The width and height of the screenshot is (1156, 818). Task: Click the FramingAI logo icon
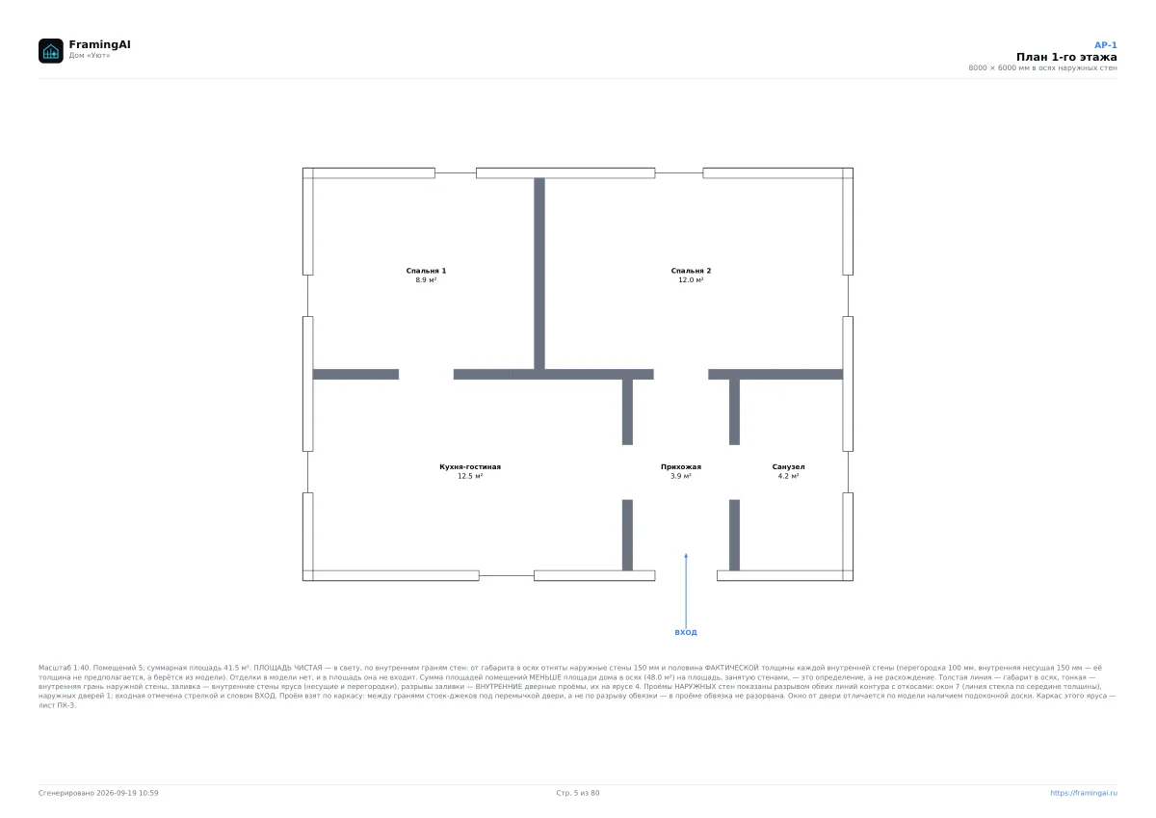(50, 50)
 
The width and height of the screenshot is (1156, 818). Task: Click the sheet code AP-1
(1106, 45)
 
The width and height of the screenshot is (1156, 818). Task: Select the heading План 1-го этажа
(1066, 57)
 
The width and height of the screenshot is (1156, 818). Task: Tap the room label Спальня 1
(426, 271)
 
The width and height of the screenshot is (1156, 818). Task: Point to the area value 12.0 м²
(691, 279)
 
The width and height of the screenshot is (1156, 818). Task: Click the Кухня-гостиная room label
(470, 466)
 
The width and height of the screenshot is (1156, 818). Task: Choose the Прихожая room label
(681, 466)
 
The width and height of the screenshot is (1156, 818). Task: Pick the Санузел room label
(788, 466)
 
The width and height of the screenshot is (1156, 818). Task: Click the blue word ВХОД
(685, 632)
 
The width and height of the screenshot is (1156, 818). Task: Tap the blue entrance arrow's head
(686, 555)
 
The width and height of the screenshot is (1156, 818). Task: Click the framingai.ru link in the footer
(1083, 793)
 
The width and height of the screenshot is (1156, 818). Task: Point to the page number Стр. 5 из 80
(577, 793)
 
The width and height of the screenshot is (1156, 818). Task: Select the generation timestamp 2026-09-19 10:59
(127, 793)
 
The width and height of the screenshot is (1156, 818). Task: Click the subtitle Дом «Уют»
(90, 55)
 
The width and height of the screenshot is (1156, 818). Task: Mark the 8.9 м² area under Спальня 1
(426, 279)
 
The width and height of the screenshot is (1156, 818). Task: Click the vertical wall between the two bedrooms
(539, 274)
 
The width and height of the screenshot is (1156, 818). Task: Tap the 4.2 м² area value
(788, 476)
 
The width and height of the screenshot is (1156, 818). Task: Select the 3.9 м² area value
(681, 476)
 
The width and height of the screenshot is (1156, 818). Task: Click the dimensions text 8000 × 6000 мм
(999, 67)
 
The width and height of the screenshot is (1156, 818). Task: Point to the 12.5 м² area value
(470, 476)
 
